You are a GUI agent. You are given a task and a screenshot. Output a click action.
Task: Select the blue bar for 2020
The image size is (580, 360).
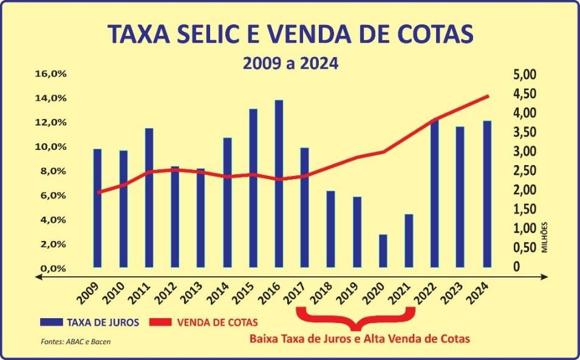[383, 251]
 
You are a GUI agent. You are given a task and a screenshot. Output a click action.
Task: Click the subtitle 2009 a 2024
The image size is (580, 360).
[290, 63]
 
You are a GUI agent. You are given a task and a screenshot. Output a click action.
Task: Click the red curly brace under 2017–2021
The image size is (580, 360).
[355, 317]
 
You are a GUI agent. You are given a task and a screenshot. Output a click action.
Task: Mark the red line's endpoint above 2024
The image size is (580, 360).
[488, 95]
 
